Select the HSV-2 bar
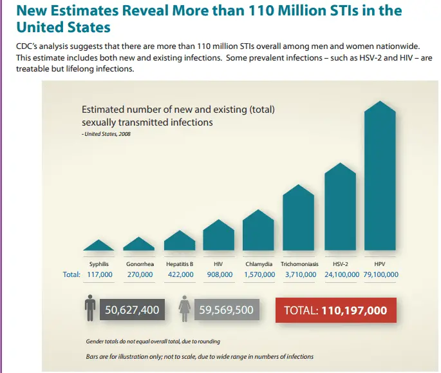tap(340, 209)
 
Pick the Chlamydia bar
tap(259, 232)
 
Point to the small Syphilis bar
tap(99, 246)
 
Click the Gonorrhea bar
tap(139, 245)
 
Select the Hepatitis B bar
tap(179, 242)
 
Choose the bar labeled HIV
tap(218, 236)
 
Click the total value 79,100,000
tap(380, 274)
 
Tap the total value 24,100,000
tap(340, 274)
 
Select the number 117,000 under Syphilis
tap(100, 274)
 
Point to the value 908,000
tap(219, 274)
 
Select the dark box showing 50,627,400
tap(131, 311)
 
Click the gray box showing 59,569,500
tap(226, 311)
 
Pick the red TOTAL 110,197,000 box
tap(335, 311)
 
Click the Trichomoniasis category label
tap(299, 264)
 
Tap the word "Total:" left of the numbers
tap(71, 274)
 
